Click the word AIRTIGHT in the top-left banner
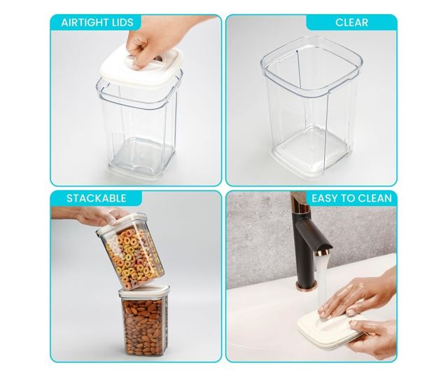click(85, 22)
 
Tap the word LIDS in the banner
click(123, 22)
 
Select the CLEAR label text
click(351, 22)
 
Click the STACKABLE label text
click(97, 198)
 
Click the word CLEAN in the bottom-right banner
click(375, 198)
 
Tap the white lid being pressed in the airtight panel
click(141, 69)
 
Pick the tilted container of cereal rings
click(130, 251)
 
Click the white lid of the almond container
click(144, 291)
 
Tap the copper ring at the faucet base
click(307, 285)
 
